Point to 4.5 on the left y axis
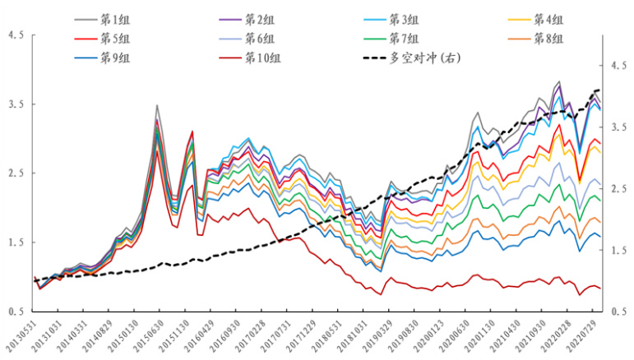[15, 35]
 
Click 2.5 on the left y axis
[15, 173]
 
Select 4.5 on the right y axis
[616, 66]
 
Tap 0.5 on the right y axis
[616, 312]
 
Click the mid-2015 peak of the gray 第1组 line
[157, 105]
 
